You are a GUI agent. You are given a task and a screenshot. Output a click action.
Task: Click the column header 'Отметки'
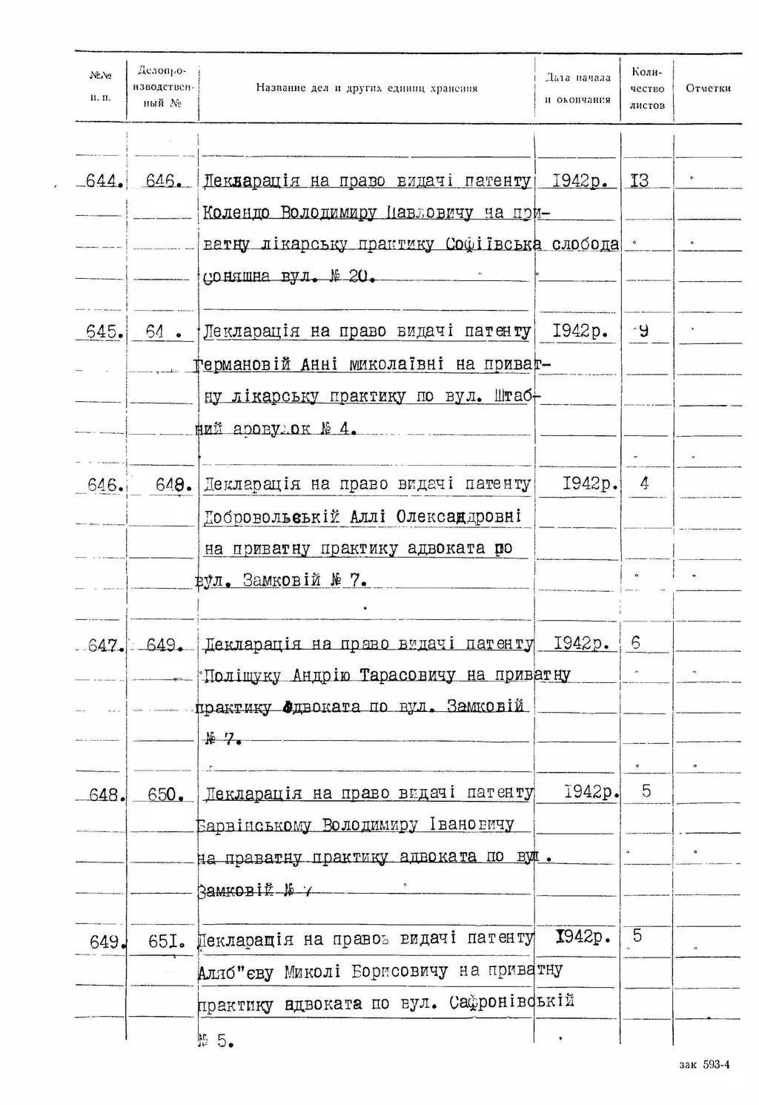[x=708, y=88]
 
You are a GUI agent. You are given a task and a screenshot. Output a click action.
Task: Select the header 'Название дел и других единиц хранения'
[x=366, y=88]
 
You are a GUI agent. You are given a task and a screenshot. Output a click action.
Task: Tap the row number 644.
[x=104, y=180]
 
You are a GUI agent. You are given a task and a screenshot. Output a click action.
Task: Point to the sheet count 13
[x=638, y=180]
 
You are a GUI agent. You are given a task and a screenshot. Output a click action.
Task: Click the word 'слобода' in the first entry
[x=586, y=245]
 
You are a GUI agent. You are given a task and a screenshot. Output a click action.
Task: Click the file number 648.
[x=174, y=485]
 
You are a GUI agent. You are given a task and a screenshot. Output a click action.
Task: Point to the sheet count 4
[x=644, y=484]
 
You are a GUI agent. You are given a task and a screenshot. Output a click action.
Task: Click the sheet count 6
[x=636, y=643]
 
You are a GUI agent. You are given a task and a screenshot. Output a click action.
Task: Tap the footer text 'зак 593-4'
[x=704, y=1065]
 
